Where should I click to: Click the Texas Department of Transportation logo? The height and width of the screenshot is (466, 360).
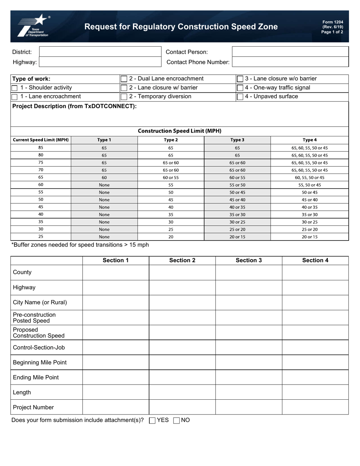point(33,26)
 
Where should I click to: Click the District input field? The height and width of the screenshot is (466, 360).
point(100,52)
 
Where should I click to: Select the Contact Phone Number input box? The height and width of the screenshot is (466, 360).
point(290,62)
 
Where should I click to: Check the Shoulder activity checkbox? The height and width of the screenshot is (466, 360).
point(15,88)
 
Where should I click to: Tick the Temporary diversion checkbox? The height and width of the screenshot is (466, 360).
point(124,97)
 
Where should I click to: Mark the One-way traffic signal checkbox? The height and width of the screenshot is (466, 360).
point(240,88)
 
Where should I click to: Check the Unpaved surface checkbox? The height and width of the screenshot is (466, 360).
point(240,97)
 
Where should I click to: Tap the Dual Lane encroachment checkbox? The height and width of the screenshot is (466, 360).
point(124,79)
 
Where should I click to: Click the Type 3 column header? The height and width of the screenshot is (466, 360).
point(237,140)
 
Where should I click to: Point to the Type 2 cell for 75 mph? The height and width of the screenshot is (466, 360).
point(171,163)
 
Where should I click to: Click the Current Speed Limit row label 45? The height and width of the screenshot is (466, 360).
point(41,207)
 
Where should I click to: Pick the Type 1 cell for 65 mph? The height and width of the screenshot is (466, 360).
point(104,177)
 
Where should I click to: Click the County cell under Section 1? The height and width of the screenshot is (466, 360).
point(116,272)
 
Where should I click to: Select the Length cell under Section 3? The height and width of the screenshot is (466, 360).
point(249,393)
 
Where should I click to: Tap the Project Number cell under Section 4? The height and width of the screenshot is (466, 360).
point(315,407)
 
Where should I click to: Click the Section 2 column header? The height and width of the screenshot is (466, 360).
point(182,260)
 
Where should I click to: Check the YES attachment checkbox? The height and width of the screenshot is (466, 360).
point(152,420)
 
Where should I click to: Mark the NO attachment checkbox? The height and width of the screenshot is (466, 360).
point(176,420)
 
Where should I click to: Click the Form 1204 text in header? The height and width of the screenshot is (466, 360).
point(332,22)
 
